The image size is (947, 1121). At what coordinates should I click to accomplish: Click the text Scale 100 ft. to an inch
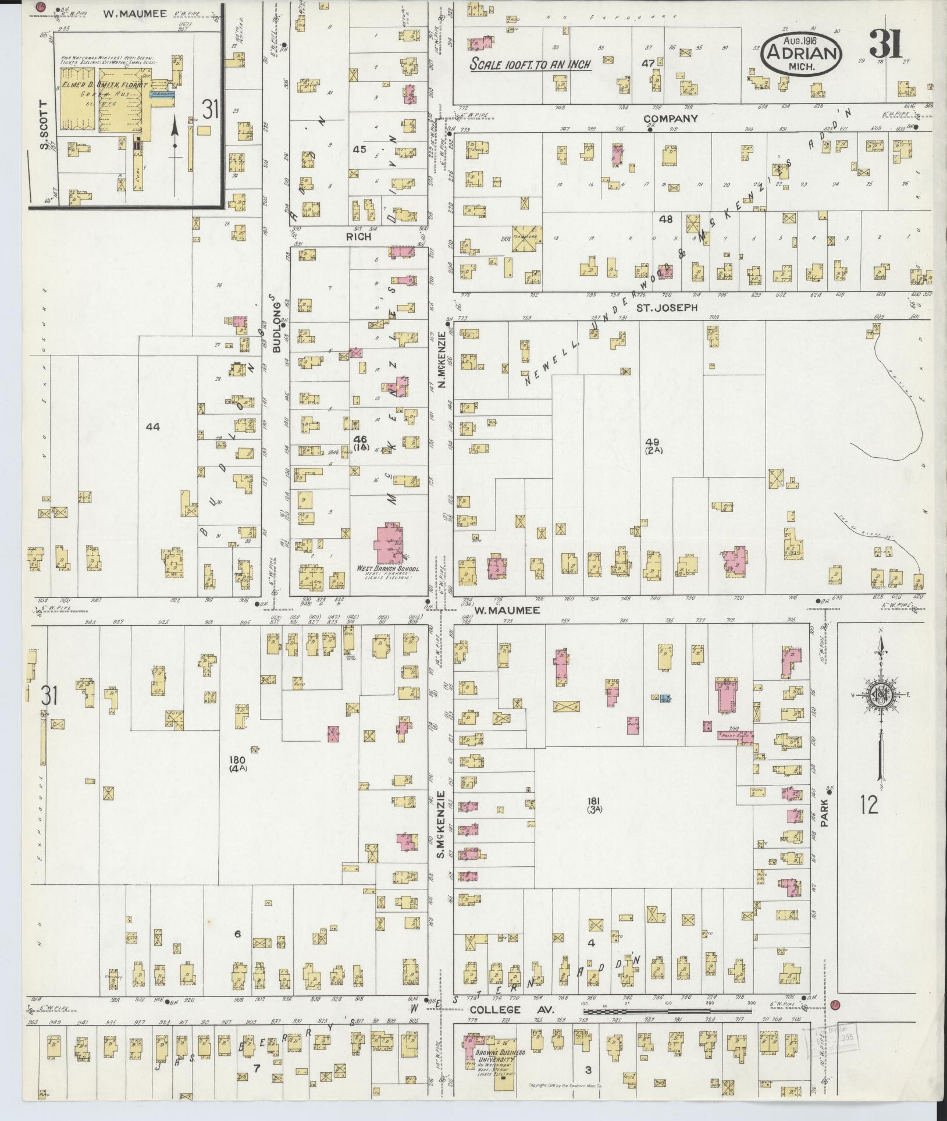(x=531, y=65)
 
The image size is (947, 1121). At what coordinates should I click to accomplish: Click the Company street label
(x=670, y=119)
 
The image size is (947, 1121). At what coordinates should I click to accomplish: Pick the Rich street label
(x=359, y=237)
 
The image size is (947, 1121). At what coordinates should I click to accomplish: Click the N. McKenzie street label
(x=442, y=361)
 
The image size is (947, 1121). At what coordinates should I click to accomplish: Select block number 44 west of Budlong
(x=152, y=426)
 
